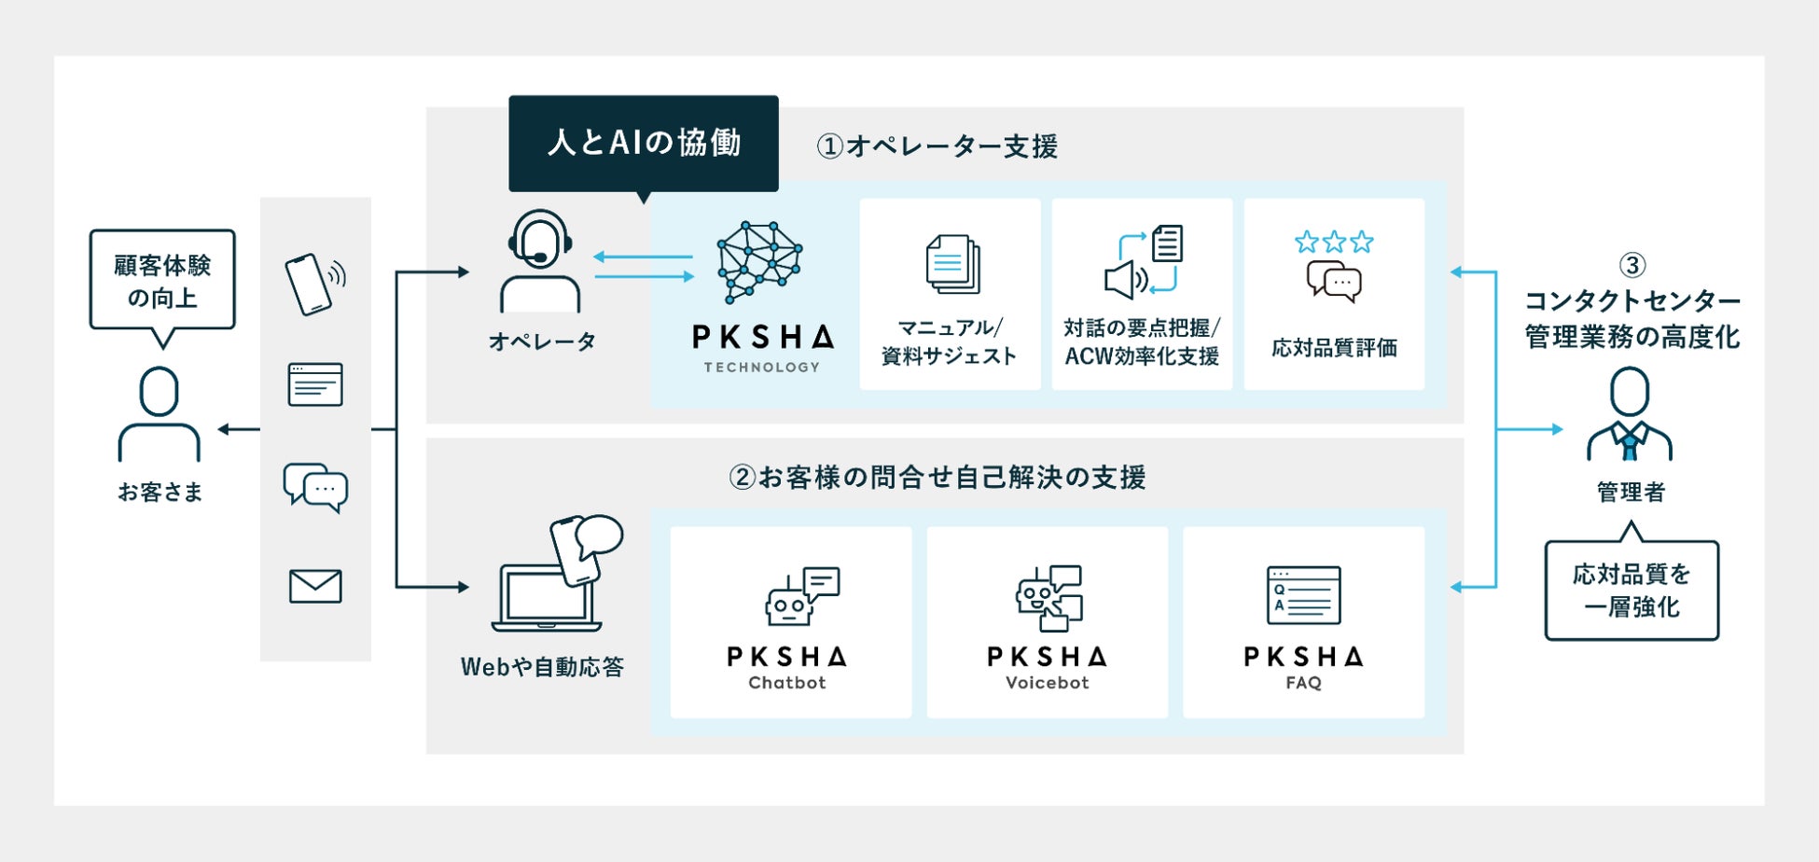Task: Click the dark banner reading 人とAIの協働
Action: pyautogui.click(x=643, y=143)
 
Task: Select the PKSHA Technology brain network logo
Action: pyautogui.click(x=759, y=262)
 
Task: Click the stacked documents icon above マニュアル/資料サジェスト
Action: pyautogui.click(x=951, y=264)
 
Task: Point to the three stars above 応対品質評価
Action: pyautogui.click(x=1333, y=243)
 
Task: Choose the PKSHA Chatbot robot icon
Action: pyautogui.click(x=800, y=596)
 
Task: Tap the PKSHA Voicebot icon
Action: pyautogui.click(x=1048, y=597)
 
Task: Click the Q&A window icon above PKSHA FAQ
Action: pyautogui.click(x=1303, y=595)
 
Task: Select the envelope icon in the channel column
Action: pyautogui.click(x=315, y=586)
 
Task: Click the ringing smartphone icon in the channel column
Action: pyautogui.click(x=313, y=284)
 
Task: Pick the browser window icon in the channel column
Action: pyautogui.click(x=315, y=384)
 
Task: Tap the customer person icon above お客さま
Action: pyautogui.click(x=159, y=414)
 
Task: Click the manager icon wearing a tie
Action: pyautogui.click(x=1629, y=414)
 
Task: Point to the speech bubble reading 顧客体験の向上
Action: pyautogui.click(x=162, y=282)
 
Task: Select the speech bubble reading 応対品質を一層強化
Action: pyautogui.click(x=1631, y=591)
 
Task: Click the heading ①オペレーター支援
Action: pyautogui.click(x=937, y=146)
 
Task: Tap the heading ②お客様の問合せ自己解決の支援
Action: pyautogui.click(x=937, y=478)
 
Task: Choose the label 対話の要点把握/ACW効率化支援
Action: pyautogui.click(x=1142, y=341)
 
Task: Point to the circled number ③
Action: pyautogui.click(x=1632, y=266)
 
